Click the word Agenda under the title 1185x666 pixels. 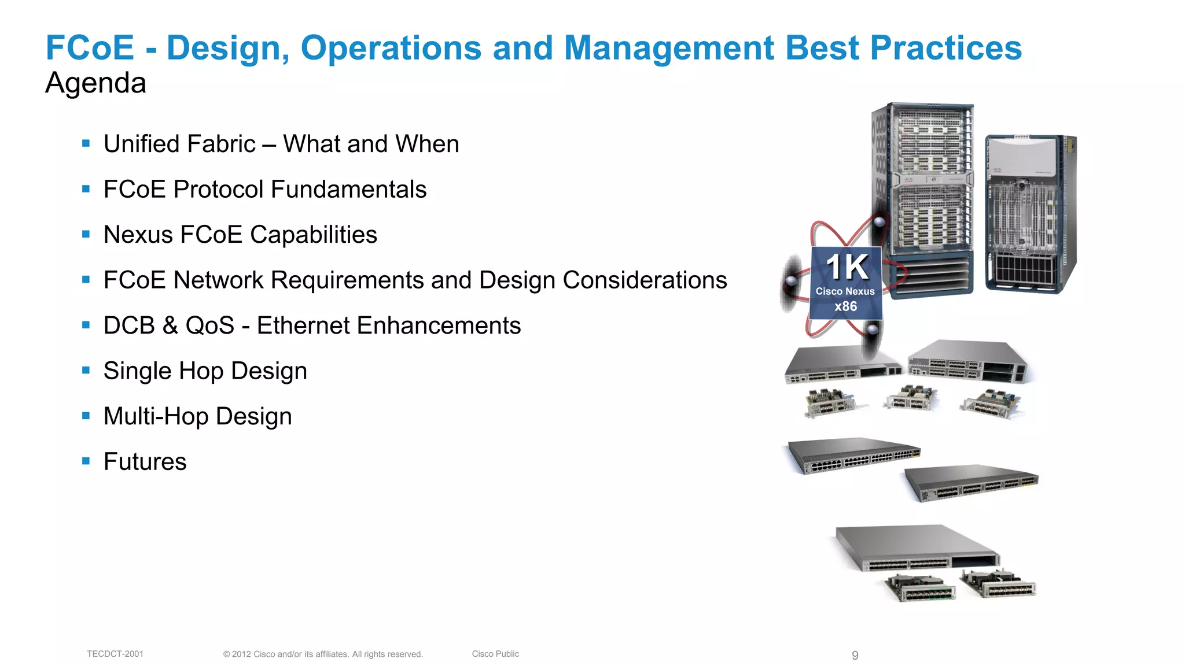[x=95, y=83]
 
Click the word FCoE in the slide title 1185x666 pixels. [x=90, y=48]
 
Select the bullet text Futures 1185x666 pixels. [x=145, y=461]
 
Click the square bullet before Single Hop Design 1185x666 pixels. [x=86, y=370]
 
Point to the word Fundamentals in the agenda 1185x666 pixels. [x=348, y=190]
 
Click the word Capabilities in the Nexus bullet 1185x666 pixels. [x=313, y=235]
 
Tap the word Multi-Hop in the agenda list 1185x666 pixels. [x=156, y=416]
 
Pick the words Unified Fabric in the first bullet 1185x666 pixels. [x=179, y=144]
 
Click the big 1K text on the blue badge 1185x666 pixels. [x=846, y=267]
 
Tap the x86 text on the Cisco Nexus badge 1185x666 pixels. [x=845, y=306]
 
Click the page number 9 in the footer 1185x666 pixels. [x=855, y=655]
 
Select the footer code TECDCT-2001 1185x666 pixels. [x=115, y=654]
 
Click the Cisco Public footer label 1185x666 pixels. [x=495, y=654]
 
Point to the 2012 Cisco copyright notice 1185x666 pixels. [x=323, y=654]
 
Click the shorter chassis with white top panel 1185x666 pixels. [x=1030, y=214]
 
